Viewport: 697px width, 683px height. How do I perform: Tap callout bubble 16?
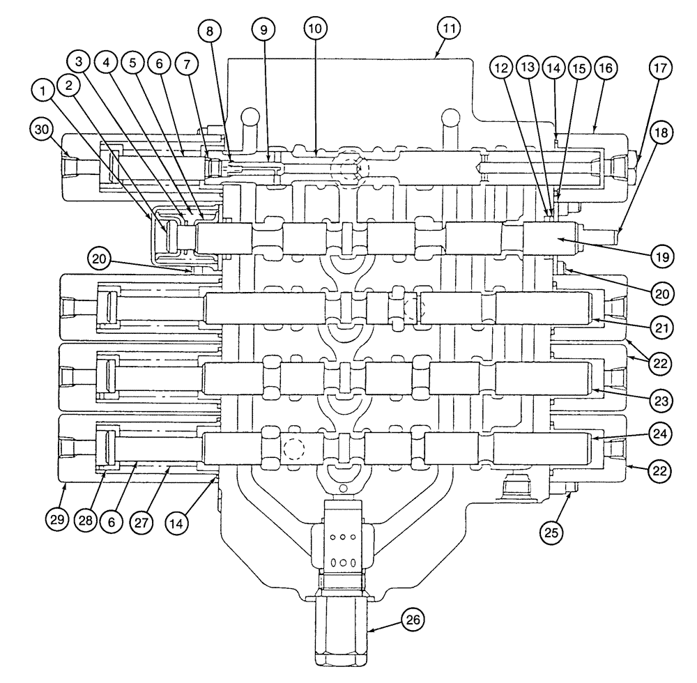[604, 68]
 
